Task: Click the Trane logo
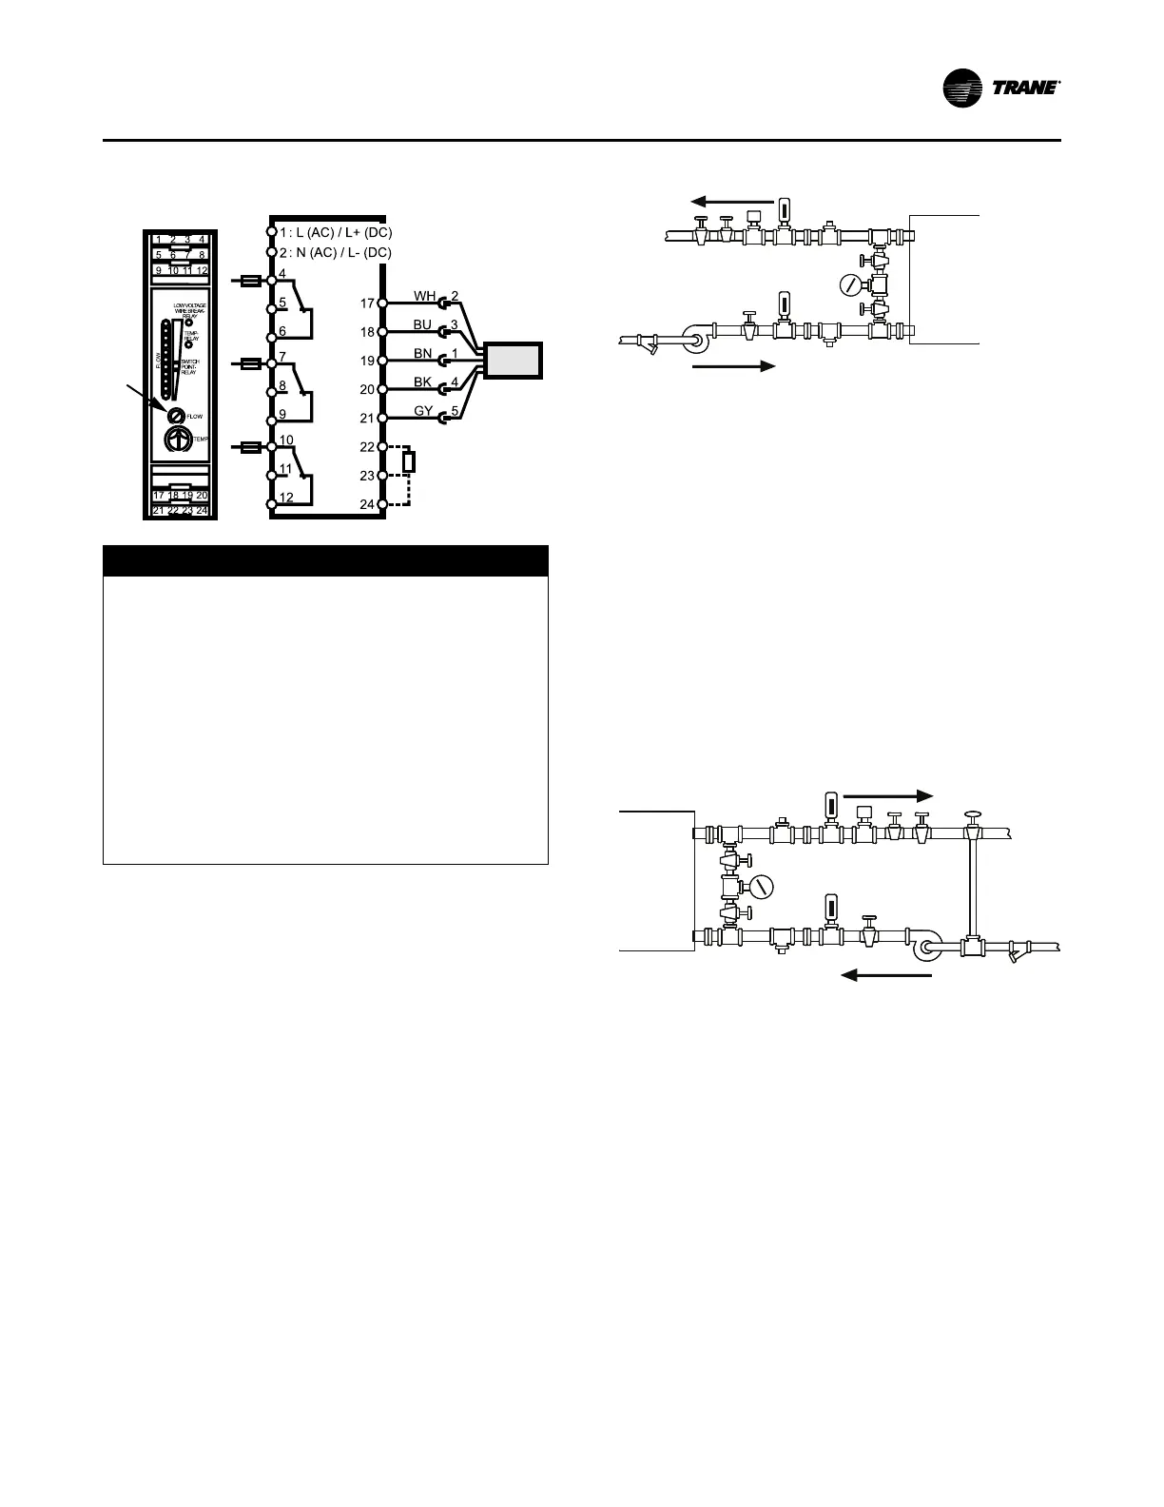(x=1000, y=88)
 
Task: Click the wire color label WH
(x=424, y=297)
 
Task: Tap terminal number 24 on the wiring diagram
(x=367, y=504)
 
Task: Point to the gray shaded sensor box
(x=513, y=361)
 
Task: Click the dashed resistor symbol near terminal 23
(x=408, y=462)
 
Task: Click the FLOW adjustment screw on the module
(x=176, y=416)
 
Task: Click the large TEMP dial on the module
(x=177, y=440)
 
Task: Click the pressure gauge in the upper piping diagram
(x=851, y=284)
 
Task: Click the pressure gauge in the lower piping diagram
(x=761, y=887)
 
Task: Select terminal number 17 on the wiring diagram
(x=367, y=304)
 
